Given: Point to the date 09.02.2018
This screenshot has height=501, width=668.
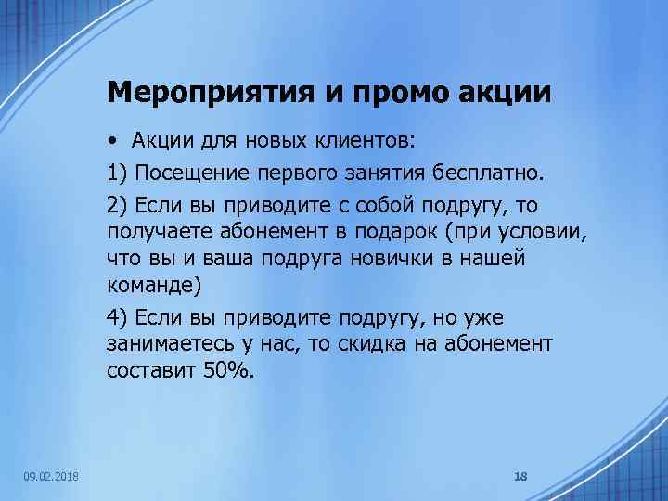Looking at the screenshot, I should tap(51, 476).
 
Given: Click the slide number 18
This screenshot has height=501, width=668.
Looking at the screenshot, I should tap(520, 476).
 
